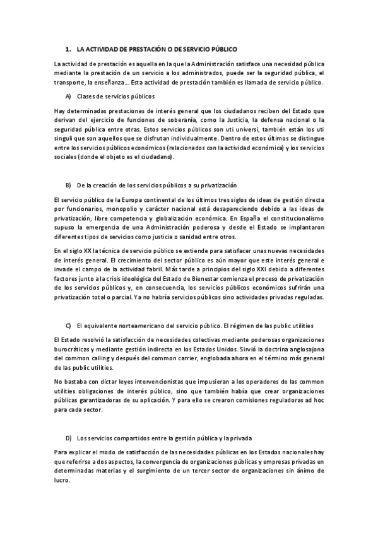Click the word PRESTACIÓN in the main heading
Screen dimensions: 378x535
click(146, 49)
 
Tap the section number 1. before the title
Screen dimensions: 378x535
click(68, 49)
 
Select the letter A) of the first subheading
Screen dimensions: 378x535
click(68, 97)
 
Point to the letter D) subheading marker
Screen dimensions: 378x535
click(68, 437)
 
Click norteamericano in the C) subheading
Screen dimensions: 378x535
click(136, 326)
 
